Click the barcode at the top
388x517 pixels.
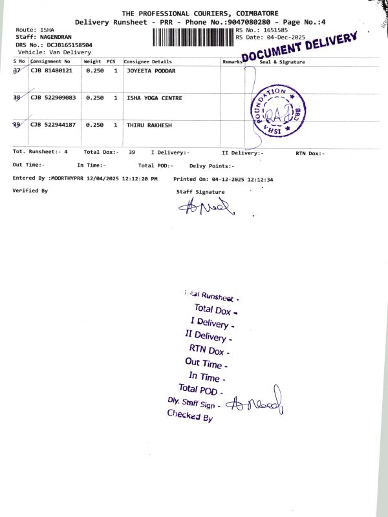(193, 36)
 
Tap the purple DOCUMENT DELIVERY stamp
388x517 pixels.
(299, 47)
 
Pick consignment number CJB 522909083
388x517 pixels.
(53, 98)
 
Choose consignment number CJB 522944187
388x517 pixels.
(53, 124)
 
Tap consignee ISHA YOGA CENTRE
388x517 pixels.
(154, 98)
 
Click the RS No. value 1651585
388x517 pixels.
(274, 30)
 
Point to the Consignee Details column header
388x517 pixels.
(148, 61)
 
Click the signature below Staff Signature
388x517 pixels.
(207, 206)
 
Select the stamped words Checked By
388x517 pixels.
(189, 416)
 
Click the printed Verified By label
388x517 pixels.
(30, 191)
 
